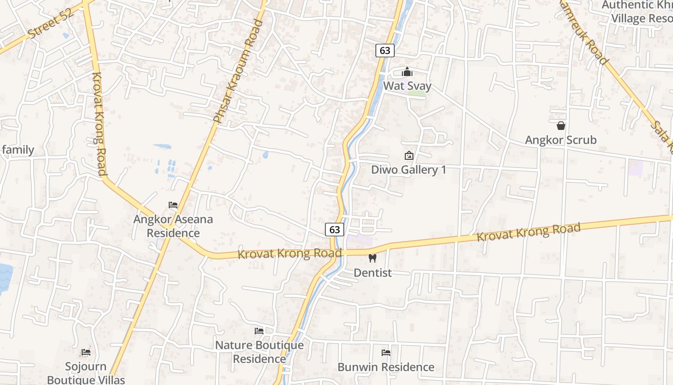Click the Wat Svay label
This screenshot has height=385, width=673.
pos(407,86)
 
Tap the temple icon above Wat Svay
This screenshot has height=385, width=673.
pos(407,72)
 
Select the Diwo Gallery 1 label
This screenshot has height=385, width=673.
pos(409,170)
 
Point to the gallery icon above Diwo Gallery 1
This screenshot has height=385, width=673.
pos(409,155)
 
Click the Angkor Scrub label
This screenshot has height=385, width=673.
pos(561,140)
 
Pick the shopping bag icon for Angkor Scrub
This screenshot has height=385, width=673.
pos(561,126)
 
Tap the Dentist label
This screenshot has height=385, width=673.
pos(373,273)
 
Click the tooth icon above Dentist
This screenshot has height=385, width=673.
pos(372,258)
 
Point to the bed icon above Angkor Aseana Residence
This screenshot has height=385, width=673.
pos(173,205)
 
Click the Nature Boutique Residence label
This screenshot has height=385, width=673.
pos(259,352)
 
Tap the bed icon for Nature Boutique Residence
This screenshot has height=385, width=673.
pos(259,331)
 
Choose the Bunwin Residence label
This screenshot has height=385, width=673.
pos(386,367)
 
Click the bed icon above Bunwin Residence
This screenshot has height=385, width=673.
pos(386,353)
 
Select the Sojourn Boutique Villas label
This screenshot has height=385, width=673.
pos(86,373)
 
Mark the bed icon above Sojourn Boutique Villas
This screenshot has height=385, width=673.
pos(86,353)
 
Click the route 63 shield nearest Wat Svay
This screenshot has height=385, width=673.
pos(385,51)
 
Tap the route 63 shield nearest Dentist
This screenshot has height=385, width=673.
pos(335,230)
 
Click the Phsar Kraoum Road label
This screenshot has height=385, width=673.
pos(238,71)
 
